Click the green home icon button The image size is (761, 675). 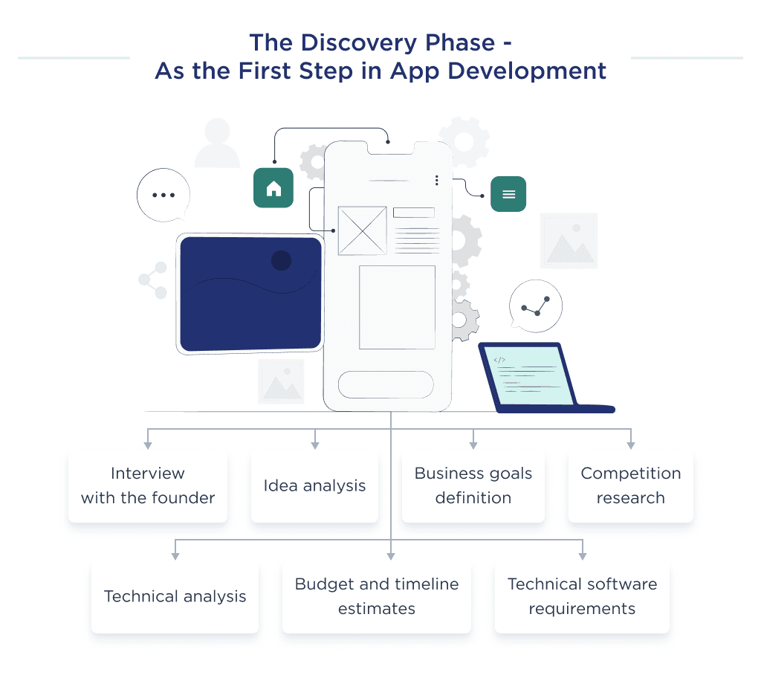273,187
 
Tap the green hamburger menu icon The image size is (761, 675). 508,194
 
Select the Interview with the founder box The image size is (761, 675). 148,485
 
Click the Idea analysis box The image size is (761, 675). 314,485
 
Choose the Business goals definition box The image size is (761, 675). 473,485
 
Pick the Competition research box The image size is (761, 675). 630,485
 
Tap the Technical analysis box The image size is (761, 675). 175,596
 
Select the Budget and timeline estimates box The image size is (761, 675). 377,596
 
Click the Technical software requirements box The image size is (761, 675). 582,596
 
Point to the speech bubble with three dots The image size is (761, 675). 163,195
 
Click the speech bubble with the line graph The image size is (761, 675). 536,306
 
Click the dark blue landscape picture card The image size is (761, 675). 250,293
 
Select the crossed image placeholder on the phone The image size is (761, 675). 362,230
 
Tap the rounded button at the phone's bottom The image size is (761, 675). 386,384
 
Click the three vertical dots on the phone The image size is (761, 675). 437,180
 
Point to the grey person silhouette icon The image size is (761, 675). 217,143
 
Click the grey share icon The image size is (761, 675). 154,280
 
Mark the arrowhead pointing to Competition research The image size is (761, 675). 630,445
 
